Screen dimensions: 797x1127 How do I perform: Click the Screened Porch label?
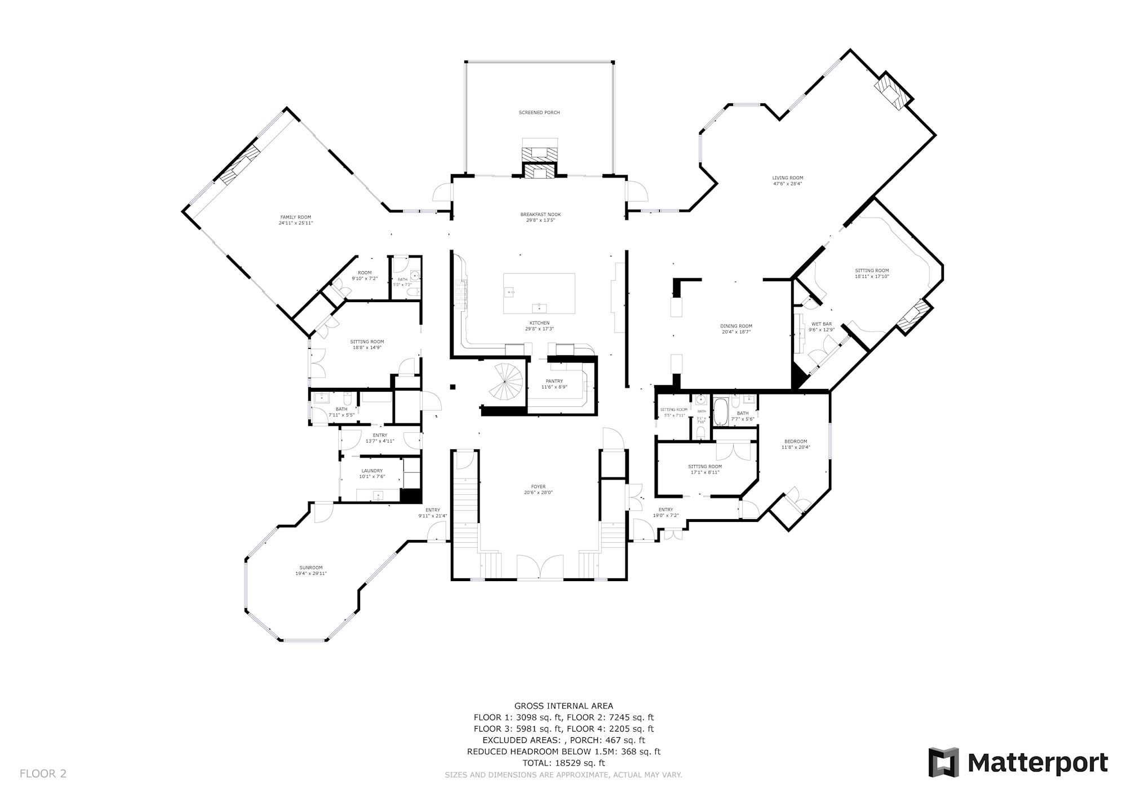(x=539, y=113)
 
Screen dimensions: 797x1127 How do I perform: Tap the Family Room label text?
(x=296, y=217)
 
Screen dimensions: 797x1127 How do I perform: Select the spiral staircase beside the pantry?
(x=505, y=383)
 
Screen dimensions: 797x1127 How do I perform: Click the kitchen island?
(x=539, y=293)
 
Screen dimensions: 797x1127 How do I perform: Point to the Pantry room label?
(x=554, y=381)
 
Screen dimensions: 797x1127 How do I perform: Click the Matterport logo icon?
(x=944, y=763)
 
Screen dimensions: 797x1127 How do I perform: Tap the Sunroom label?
(x=310, y=568)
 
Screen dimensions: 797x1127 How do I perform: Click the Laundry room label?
(x=372, y=471)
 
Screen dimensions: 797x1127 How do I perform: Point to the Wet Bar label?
(x=821, y=324)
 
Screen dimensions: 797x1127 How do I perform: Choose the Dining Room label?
(x=736, y=326)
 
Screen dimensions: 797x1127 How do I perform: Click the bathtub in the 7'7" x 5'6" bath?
(x=721, y=412)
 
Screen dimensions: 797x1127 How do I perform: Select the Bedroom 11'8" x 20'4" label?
(x=795, y=441)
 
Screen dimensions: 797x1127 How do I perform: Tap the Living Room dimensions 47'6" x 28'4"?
(x=787, y=184)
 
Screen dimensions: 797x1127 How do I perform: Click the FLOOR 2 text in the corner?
(x=43, y=774)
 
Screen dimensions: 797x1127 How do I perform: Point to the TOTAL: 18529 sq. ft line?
(x=563, y=763)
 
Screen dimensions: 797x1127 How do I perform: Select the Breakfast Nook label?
(x=540, y=214)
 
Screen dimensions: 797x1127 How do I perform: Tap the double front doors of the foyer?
(x=540, y=568)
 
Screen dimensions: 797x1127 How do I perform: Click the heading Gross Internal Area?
(x=563, y=706)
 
